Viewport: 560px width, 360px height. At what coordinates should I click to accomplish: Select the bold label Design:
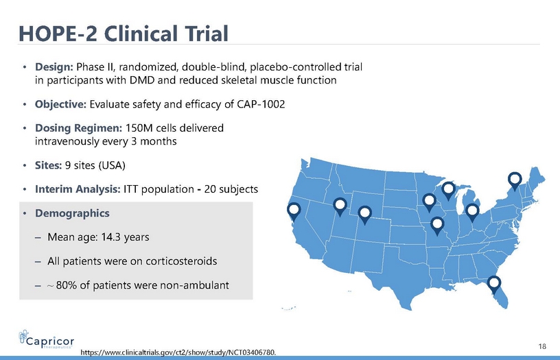point(54,67)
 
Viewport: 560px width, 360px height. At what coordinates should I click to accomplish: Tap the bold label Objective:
point(60,104)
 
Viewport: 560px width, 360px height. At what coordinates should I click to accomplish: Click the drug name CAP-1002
point(261,104)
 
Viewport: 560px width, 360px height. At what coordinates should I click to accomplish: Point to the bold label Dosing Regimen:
point(78,128)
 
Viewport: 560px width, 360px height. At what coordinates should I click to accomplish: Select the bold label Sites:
point(48,165)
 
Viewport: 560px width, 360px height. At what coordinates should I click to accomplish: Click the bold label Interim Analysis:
point(78,189)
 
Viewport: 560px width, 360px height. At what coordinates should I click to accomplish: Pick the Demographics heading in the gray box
point(72,213)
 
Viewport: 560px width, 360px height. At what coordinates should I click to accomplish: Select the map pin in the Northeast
point(515,181)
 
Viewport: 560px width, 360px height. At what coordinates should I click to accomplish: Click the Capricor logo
point(47,339)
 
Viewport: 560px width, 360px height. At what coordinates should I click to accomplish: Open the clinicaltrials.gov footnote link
point(178,352)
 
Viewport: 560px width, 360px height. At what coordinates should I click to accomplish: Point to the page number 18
point(542,346)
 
